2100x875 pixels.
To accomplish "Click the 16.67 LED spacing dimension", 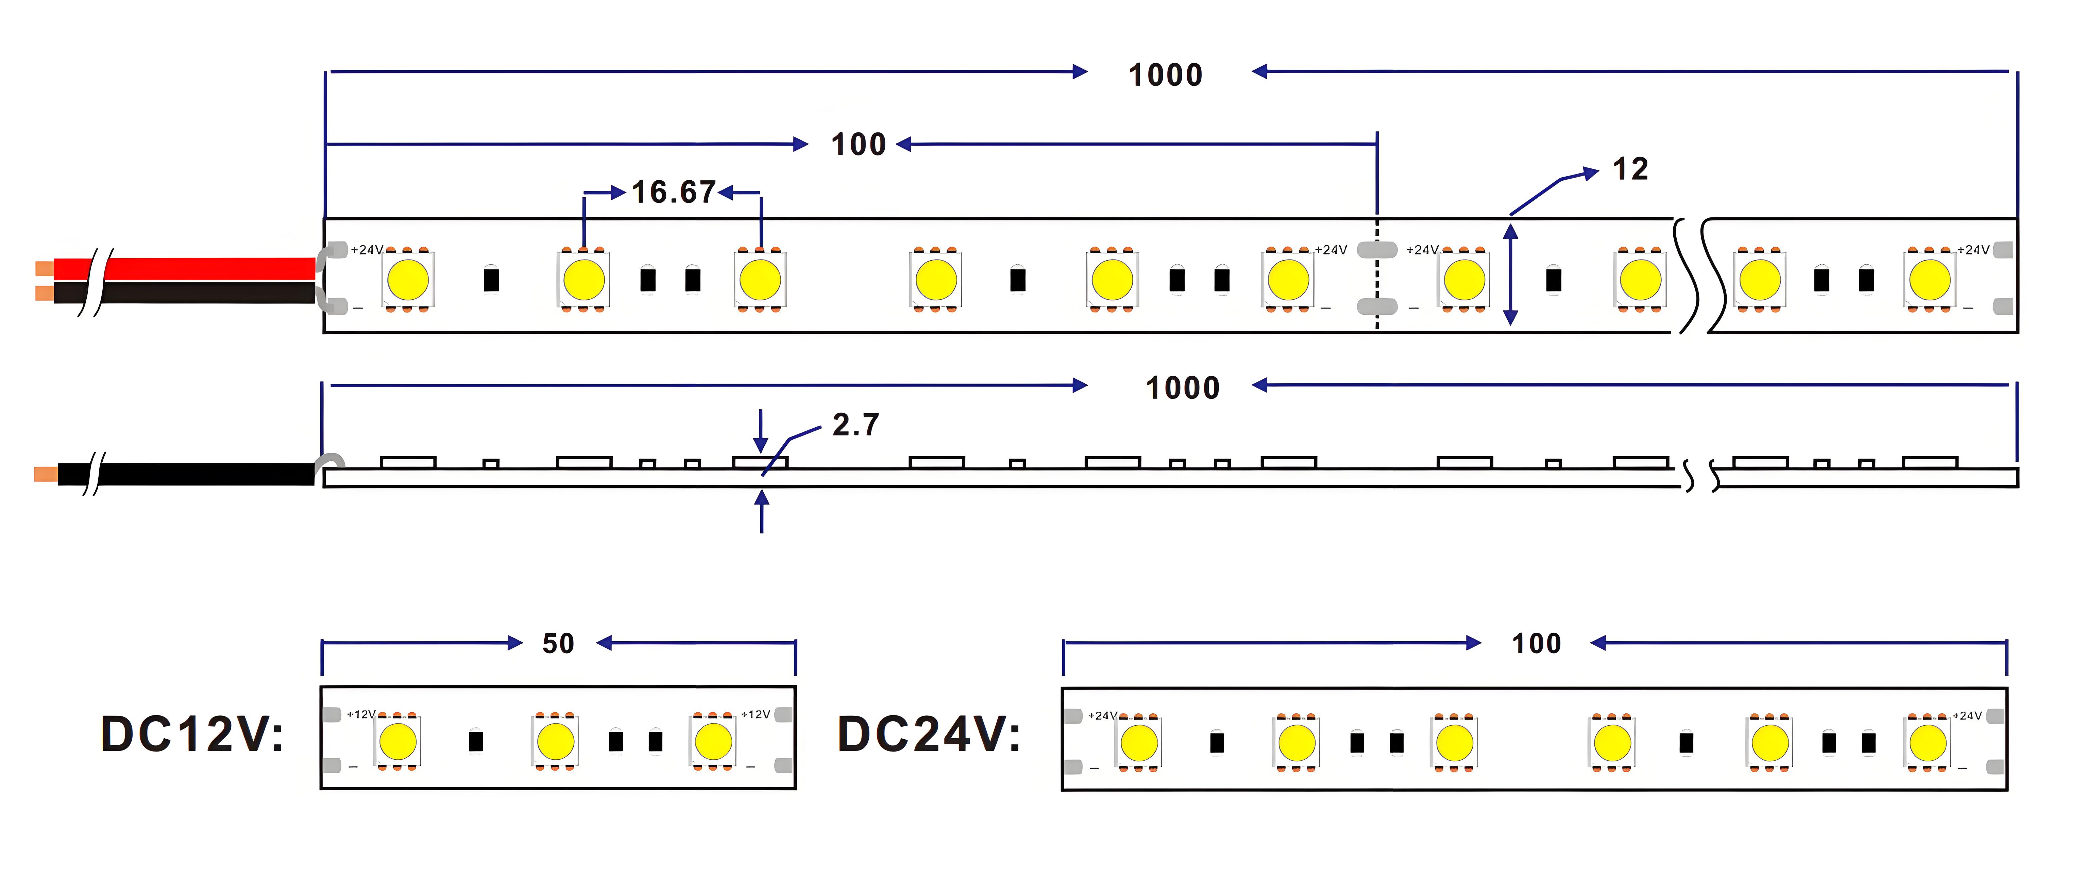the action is pyautogui.click(x=673, y=193).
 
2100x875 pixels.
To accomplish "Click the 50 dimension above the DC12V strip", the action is pyautogui.click(x=558, y=643).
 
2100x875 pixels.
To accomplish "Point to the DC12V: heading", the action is pyautogui.click(x=192, y=734).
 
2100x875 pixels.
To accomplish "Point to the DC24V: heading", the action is pyautogui.click(x=929, y=734).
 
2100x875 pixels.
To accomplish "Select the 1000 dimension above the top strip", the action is pyautogui.click(x=1166, y=75).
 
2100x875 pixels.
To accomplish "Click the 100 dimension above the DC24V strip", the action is pyautogui.click(x=1537, y=643).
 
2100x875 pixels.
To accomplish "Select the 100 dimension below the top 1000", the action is pyautogui.click(x=859, y=144).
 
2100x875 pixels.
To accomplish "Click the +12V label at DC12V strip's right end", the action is pyautogui.click(x=756, y=714).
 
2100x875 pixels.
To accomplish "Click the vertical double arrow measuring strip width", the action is pyautogui.click(x=1511, y=275).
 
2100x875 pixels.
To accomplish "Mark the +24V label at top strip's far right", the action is pyautogui.click(x=1974, y=249).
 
